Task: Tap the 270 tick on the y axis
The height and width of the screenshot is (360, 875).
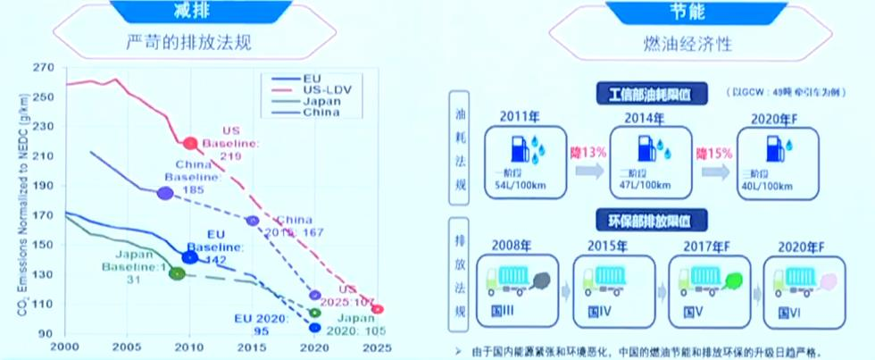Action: click(x=45, y=68)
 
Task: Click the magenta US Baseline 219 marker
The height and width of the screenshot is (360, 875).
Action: click(x=189, y=143)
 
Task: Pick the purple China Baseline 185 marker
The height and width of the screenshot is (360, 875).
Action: click(x=164, y=193)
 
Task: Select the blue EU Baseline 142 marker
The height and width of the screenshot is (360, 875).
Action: click(x=189, y=257)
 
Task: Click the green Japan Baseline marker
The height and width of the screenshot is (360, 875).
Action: click(x=177, y=273)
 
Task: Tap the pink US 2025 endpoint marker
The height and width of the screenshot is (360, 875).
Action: click(x=378, y=309)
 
